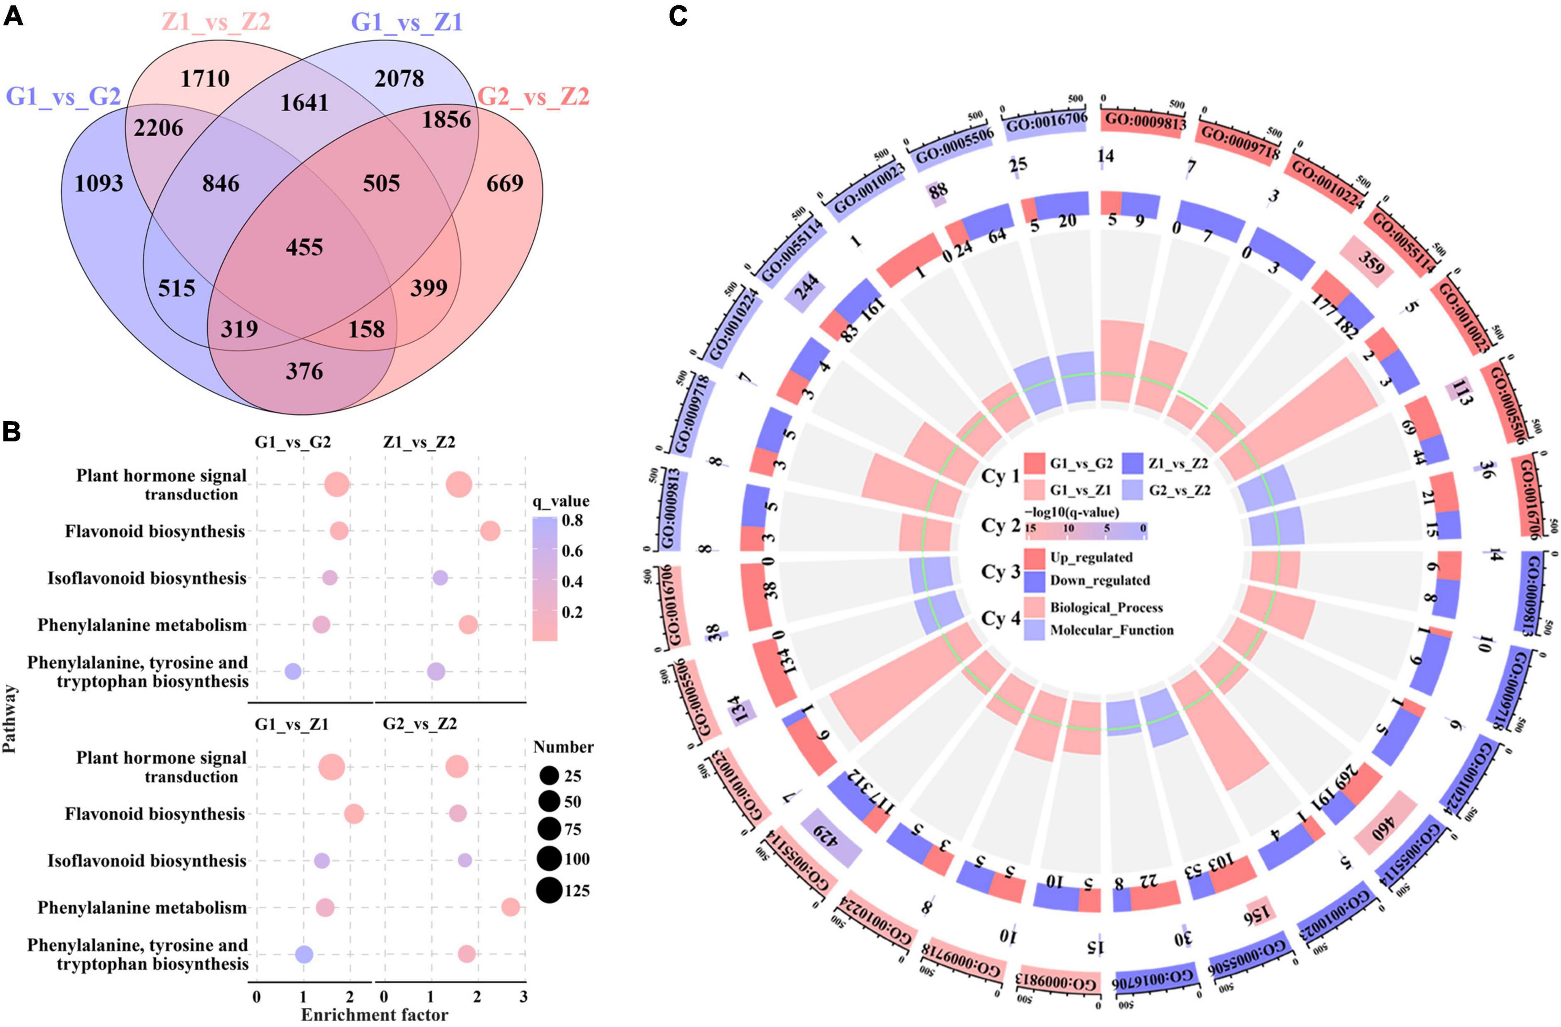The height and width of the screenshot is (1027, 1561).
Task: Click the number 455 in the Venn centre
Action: [304, 247]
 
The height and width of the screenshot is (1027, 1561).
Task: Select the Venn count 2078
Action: [399, 79]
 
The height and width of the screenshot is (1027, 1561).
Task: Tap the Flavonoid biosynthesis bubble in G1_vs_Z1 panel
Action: [353, 814]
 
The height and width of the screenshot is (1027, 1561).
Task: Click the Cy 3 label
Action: [1000, 572]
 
